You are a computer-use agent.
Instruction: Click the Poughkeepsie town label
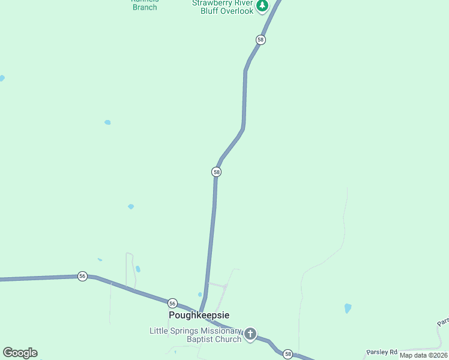pyautogui.click(x=199, y=315)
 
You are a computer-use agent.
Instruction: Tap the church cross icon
pyautogui.click(x=250, y=334)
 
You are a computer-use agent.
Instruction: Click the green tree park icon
pyautogui.click(x=262, y=6)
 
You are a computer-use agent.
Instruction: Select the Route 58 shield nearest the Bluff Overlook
pyautogui.click(x=260, y=40)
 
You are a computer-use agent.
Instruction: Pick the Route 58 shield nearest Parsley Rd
pyautogui.click(x=288, y=354)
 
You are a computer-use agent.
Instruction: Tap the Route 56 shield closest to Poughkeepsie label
pyautogui.click(x=172, y=303)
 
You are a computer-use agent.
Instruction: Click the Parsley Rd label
pyautogui.click(x=382, y=352)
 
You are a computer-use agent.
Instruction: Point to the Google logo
pyautogui.click(x=20, y=353)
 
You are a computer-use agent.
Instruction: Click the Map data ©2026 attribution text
pyautogui.click(x=424, y=355)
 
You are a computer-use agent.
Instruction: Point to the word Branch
pyautogui.click(x=145, y=7)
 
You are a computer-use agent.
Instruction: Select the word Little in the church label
pyautogui.click(x=159, y=331)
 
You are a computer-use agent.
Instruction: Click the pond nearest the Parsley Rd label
pyautogui.click(x=348, y=308)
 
